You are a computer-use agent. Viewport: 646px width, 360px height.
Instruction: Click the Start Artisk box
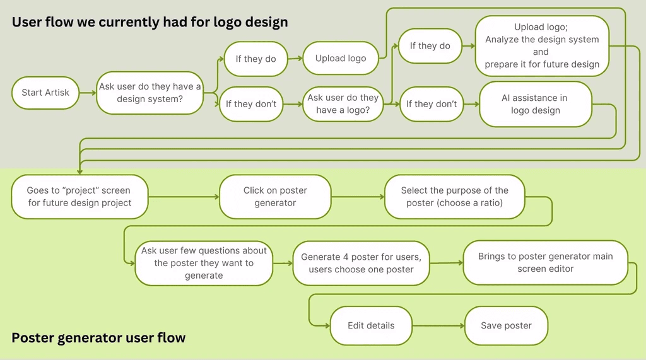[45, 93]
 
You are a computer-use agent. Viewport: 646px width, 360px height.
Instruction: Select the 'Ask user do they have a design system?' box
[150, 93]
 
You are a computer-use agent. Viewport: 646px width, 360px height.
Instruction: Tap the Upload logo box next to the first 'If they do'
[341, 59]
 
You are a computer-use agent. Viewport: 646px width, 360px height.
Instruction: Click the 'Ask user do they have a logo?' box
[343, 104]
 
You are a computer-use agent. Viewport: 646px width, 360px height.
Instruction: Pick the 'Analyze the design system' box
[542, 45]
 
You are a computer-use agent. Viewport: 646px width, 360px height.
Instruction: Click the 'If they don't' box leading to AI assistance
[432, 104]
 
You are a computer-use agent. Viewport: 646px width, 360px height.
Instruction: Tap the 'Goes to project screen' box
[79, 197]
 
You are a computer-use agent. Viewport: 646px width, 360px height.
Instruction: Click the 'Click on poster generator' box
[275, 197]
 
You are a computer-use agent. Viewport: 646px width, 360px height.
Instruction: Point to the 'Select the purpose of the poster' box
[454, 197]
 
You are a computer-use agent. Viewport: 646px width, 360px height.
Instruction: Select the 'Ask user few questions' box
[204, 263]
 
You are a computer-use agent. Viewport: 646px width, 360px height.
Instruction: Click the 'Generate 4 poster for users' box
[361, 263]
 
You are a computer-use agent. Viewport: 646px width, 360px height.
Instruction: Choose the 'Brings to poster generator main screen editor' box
[545, 262]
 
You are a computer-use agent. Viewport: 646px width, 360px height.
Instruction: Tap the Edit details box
[371, 326]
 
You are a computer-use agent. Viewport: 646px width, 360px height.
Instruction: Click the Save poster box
[506, 326]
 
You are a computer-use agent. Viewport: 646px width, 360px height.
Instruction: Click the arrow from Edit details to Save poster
[438, 326]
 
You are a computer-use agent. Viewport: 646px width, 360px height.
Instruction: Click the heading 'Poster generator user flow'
[98, 338]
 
